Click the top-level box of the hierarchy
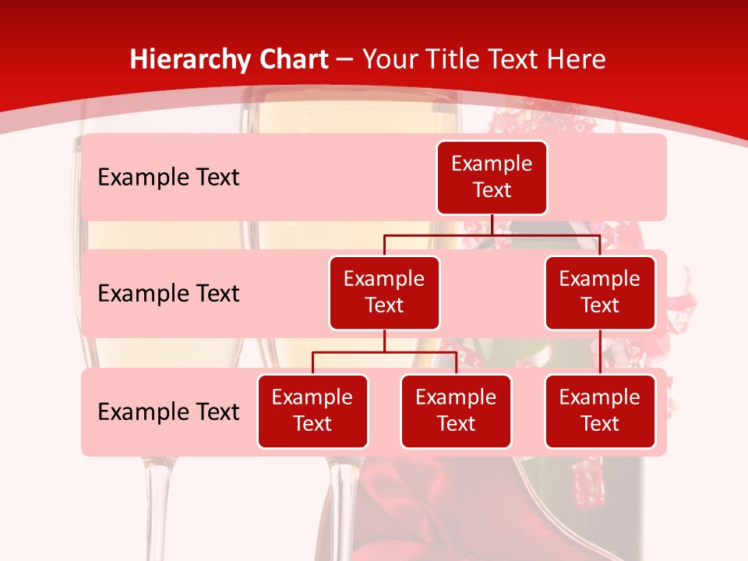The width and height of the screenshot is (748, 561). point(492,178)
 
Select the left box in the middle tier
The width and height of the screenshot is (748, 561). point(384,293)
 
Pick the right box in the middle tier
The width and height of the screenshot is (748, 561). point(600,293)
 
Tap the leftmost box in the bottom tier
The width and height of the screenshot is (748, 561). point(312,411)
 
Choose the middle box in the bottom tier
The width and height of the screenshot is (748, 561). point(456,411)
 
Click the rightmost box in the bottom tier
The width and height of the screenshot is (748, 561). point(600,411)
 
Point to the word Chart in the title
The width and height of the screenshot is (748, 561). point(289,59)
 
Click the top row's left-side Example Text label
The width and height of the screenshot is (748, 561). point(168,178)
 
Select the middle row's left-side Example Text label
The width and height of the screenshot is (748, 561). point(168,294)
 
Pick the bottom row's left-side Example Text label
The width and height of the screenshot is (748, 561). point(168,411)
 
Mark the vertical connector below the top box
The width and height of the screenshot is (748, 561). point(492,225)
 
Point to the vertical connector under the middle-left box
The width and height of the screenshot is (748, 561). point(384,341)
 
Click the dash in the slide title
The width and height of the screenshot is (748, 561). point(345,60)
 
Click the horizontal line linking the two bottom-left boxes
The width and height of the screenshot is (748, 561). point(384,353)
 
